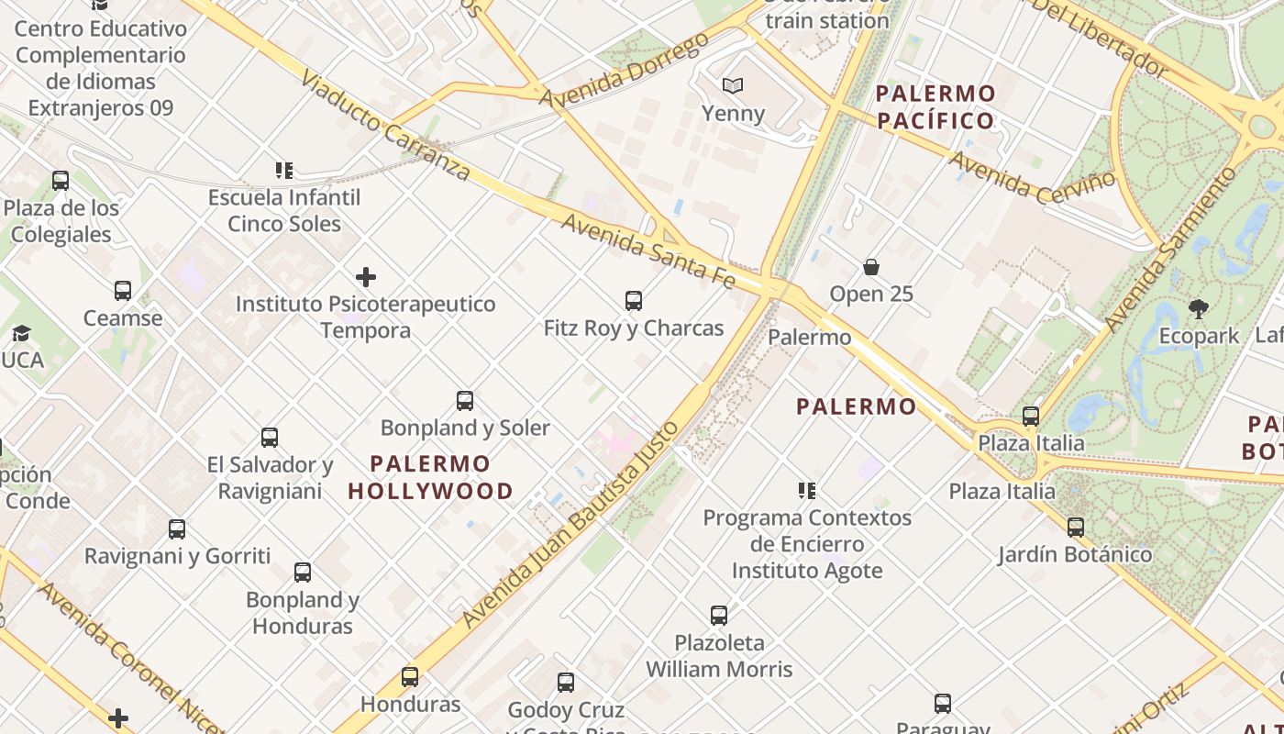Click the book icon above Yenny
[732, 86]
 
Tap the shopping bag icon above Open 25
[871, 267]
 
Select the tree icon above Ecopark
[1198, 308]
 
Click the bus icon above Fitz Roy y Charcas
[633, 300]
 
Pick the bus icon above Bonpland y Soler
[465, 400]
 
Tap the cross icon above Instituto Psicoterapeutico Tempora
[365, 276]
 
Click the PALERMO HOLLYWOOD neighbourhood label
[430, 477]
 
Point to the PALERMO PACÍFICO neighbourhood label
[935, 106]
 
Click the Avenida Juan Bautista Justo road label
[570, 524]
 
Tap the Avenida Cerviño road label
[1033, 177]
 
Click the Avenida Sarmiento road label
[1170, 249]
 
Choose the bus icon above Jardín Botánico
[1076, 528]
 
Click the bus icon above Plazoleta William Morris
[719, 615]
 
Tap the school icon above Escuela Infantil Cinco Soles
[284, 171]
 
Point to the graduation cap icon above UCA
[21, 333]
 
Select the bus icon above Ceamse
[123, 291]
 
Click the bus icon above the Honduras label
[410, 677]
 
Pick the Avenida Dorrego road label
[624, 70]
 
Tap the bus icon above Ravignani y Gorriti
[177, 529]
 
